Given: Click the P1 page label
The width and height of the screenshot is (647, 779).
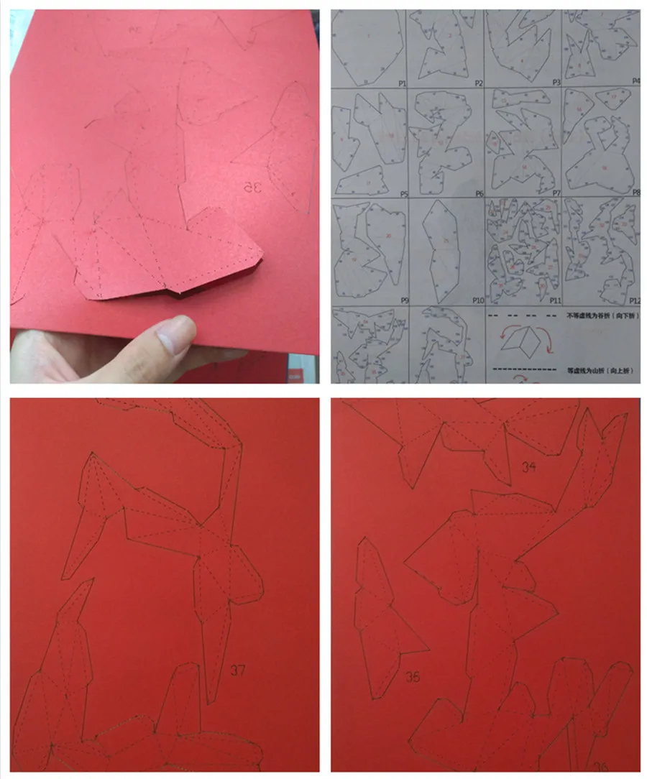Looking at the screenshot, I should (x=401, y=84).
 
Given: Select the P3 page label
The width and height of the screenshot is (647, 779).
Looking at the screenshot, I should (x=556, y=84).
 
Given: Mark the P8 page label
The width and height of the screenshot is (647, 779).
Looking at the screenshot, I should (x=635, y=194).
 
